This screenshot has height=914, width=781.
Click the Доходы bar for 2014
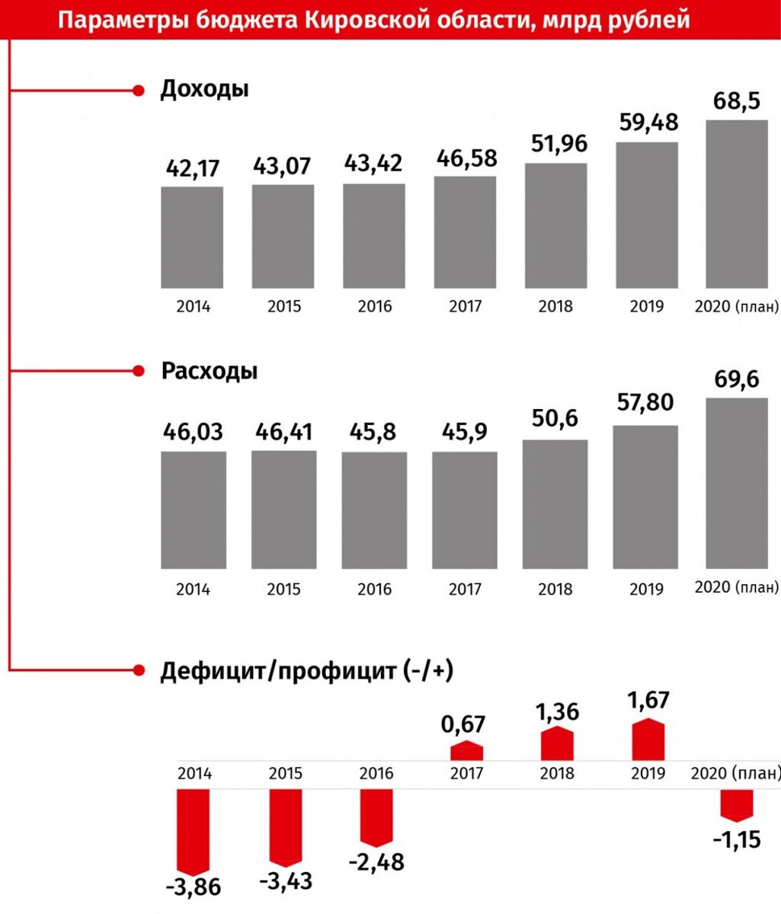tap(192, 237)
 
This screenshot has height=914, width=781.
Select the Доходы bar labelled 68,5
tap(737, 203)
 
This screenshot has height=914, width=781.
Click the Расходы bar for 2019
tap(645, 497)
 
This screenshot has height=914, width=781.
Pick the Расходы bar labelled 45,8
tap(374, 510)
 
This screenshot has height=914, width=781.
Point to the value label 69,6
tap(737, 379)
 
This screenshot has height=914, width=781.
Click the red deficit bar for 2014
tap(192, 830)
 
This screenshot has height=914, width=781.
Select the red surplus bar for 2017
tap(466, 751)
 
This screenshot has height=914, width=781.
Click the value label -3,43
tap(286, 882)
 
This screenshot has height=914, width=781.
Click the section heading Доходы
tap(204, 89)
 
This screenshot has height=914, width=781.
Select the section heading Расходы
tap(209, 371)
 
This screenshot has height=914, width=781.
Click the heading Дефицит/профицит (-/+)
tap(306, 671)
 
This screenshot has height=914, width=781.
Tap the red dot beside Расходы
tap(138, 372)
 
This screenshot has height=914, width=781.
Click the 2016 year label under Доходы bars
tap(374, 307)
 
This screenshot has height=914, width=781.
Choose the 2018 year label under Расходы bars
tap(555, 590)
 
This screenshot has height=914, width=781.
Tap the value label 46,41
tap(283, 432)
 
